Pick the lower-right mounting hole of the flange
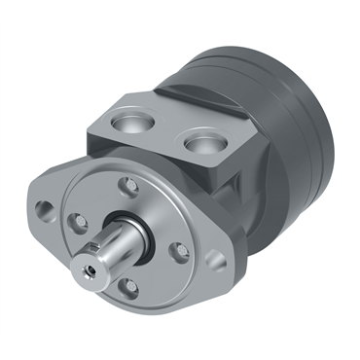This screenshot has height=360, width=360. click(x=217, y=262)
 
